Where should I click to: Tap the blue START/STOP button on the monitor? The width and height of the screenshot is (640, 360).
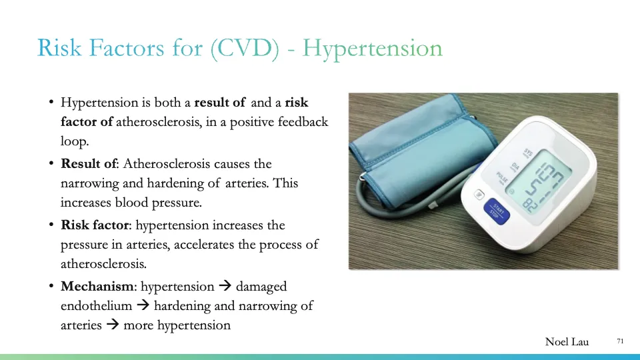click(496, 213)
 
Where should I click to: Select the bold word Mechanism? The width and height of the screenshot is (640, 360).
click(97, 287)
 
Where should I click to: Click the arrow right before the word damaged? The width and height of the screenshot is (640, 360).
click(224, 287)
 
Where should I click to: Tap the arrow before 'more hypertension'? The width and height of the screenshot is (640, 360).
click(112, 326)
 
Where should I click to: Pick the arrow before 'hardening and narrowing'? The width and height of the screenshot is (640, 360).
click(142, 306)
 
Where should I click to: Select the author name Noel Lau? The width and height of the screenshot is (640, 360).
click(567, 342)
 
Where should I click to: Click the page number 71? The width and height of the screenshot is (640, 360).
click(620, 341)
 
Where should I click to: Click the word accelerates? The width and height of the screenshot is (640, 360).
click(205, 245)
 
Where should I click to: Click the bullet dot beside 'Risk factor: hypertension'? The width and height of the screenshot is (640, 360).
click(51, 225)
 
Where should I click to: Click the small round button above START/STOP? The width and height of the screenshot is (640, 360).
click(477, 196)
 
